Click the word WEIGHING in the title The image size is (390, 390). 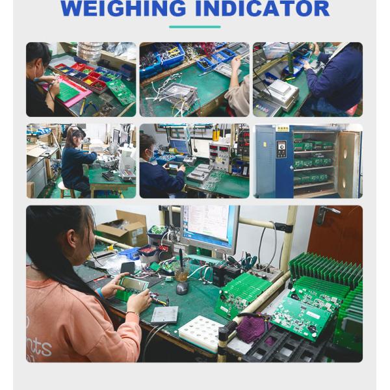[x=123, y=9]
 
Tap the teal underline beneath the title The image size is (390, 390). [x=194, y=27]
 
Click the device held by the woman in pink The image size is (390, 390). [x=133, y=284]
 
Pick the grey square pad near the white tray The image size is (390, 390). [x=164, y=315]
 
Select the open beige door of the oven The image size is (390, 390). [x=347, y=164]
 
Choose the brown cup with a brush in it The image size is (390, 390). [x=181, y=274]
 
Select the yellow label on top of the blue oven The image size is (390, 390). [x=282, y=129]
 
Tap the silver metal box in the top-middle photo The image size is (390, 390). [x=179, y=94]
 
